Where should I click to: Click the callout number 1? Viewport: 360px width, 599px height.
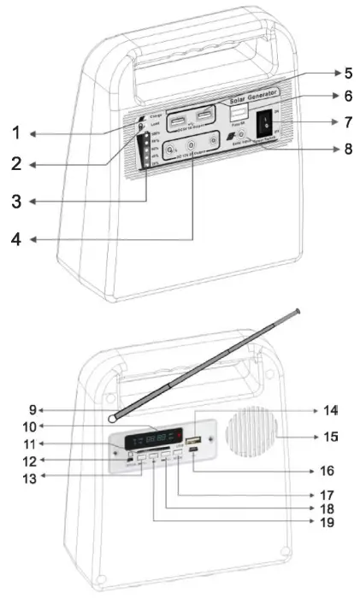point(15,133)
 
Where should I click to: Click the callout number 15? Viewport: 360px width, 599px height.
point(333,438)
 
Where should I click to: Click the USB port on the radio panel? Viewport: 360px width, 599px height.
point(194,442)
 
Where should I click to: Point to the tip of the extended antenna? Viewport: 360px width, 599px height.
point(297,311)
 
